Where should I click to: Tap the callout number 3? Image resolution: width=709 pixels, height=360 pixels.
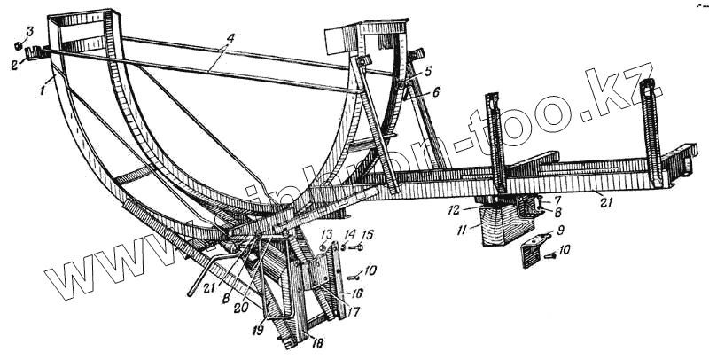(31, 33)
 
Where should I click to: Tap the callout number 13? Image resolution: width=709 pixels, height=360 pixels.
(325, 234)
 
